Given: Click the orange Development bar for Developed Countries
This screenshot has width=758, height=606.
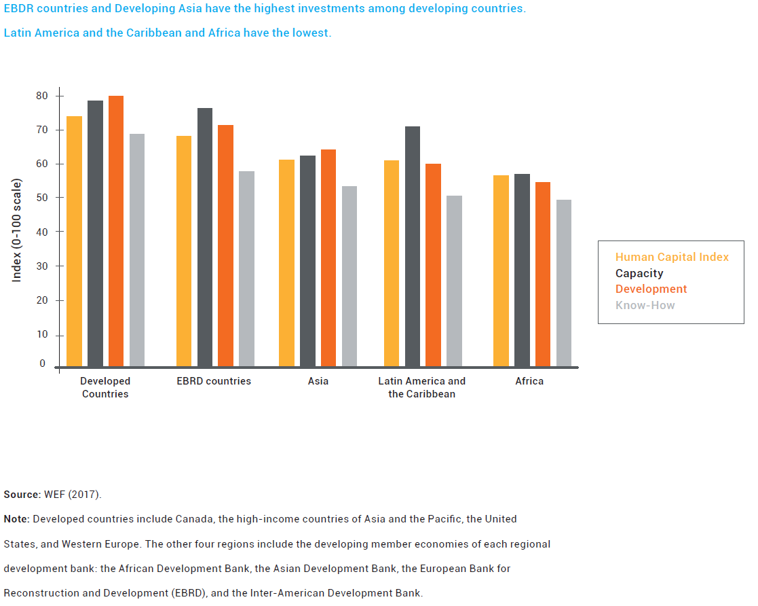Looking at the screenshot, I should pos(116,231).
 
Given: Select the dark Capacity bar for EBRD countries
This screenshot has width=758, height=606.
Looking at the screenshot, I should pos(205,237).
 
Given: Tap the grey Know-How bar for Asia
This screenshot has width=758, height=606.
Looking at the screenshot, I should pos(349,276).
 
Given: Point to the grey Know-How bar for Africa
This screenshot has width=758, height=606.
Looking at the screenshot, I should pos(564,283).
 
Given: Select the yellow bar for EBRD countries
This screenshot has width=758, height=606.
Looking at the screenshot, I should pos(184,251).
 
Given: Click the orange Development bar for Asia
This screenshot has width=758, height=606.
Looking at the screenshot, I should pos(328,257).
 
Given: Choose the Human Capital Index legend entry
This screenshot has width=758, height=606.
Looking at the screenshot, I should pos(672,257).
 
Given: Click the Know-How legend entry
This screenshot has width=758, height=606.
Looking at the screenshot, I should pos(645,305).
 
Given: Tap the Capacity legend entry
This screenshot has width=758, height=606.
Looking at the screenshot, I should pos(639,273).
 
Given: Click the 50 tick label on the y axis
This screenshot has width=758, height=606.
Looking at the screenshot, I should pos(42,198).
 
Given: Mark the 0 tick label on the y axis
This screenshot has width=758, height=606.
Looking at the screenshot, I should pos(42,363).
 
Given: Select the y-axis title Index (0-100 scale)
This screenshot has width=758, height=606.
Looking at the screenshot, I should pos(17,230).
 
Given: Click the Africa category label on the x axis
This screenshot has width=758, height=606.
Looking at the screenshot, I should pos(529,381).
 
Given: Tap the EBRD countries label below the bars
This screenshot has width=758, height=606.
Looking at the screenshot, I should pos(214,381).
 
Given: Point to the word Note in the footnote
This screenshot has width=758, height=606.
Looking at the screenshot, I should pos(16,519).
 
